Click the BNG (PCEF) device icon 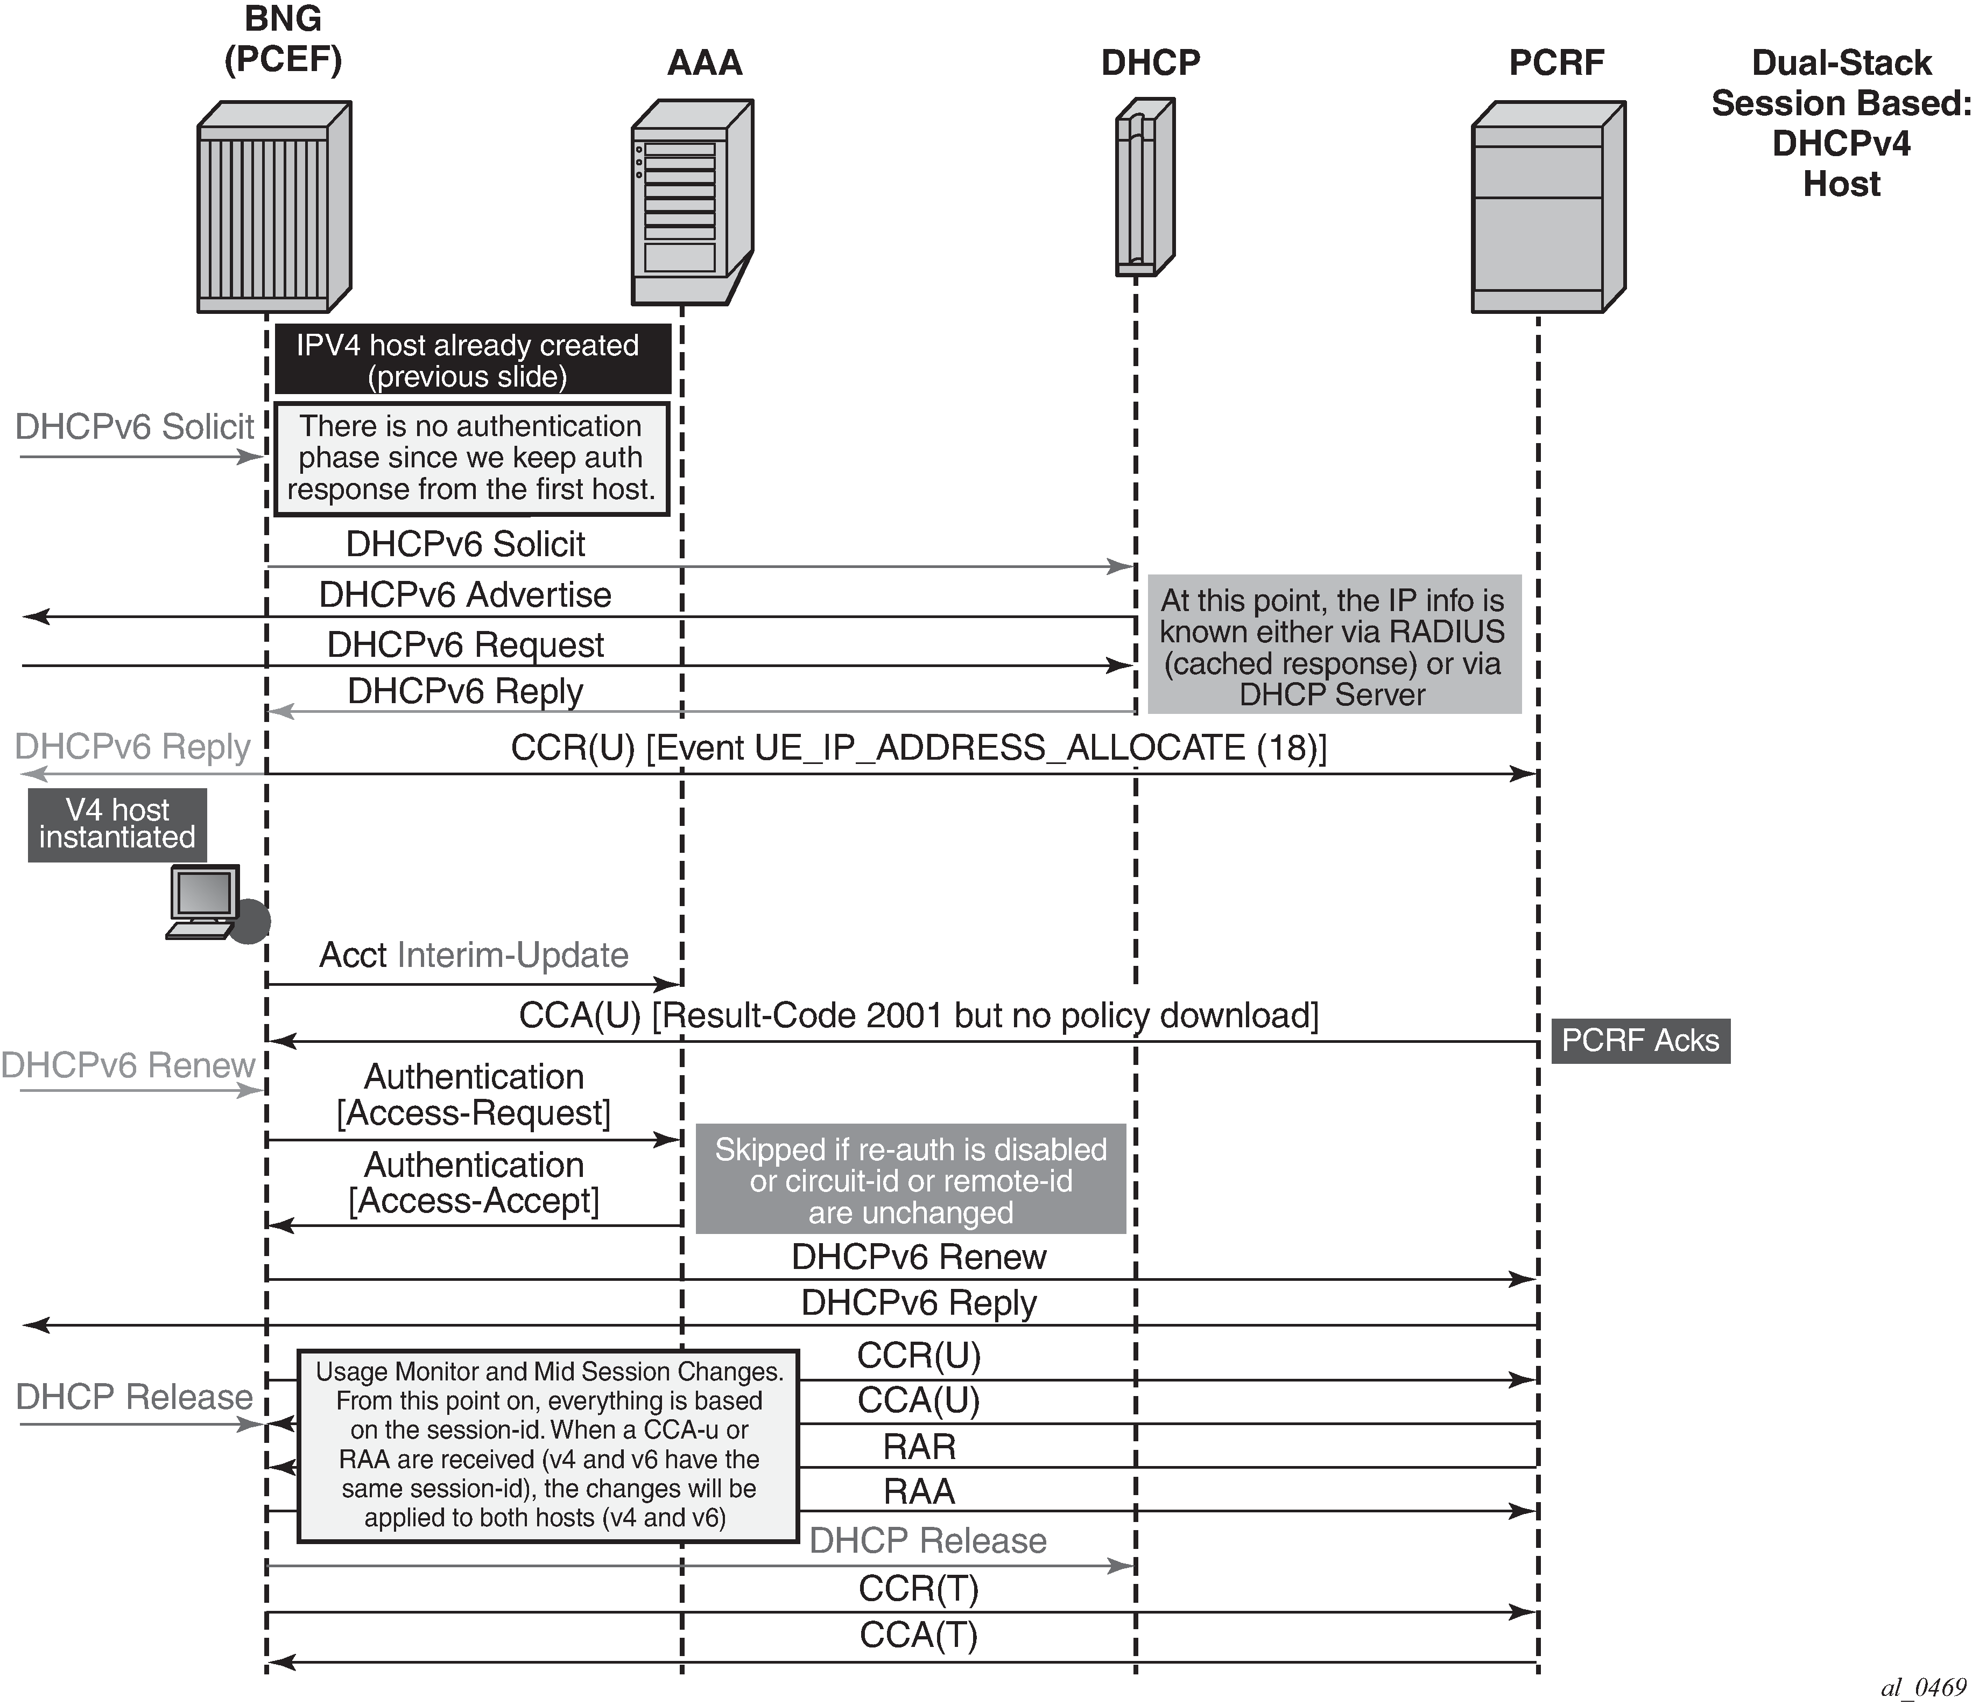(274, 207)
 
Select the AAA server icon (693, 203)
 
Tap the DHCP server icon (1144, 188)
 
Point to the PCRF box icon (1547, 207)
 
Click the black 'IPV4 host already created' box (472, 360)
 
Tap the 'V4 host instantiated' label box (117, 824)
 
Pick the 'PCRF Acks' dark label (1640, 1041)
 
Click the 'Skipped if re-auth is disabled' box (911, 1180)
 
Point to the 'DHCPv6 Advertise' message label (466, 595)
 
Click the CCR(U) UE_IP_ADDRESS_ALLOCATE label (918, 747)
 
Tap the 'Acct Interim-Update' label (473, 955)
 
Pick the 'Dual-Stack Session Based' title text (1841, 123)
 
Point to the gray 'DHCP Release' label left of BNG (134, 1397)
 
